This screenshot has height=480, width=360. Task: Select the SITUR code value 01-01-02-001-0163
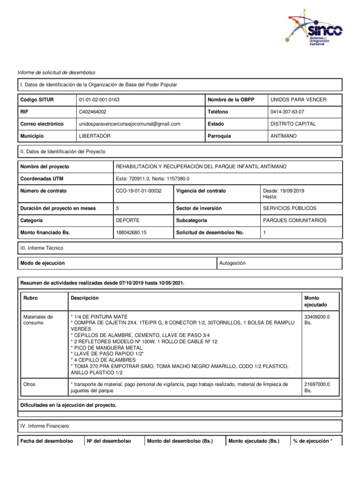[x=103, y=100]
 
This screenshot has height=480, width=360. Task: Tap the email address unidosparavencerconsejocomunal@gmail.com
[x=130, y=124]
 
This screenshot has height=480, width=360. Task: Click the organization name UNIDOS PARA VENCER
[x=299, y=100]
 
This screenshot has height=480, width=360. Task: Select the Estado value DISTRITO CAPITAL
[x=293, y=124]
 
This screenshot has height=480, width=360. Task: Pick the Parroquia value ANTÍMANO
[x=284, y=136]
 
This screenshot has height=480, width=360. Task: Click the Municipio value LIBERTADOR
[x=97, y=136]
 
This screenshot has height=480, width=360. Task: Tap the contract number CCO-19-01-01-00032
[x=138, y=191]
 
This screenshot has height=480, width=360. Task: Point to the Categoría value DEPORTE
[x=127, y=220]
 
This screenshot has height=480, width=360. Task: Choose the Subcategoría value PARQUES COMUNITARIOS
[x=295, y=220]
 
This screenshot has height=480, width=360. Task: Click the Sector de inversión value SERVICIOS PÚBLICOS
[x=290, y=208]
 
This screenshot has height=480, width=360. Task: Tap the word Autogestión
[x=232, y=263]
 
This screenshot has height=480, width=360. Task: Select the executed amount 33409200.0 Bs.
[x=317, y=320]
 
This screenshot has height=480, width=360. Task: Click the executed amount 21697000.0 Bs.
[x=317, y=387]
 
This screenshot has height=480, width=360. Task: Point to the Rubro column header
[x=30, y=298]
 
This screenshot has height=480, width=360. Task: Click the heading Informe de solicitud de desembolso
[x=56, y=73]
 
